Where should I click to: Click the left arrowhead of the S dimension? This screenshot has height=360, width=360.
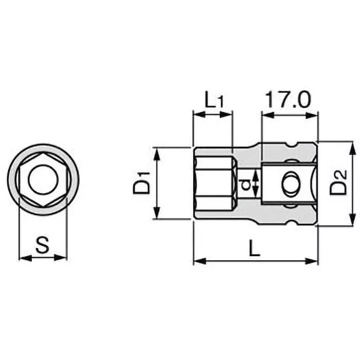pyautogui.click(x=22, y=258)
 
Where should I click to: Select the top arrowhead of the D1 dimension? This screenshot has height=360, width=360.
pyautogui.click(x=157, y=151)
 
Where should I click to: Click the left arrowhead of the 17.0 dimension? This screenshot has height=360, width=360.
pyautogui.click(x=265, y=115)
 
